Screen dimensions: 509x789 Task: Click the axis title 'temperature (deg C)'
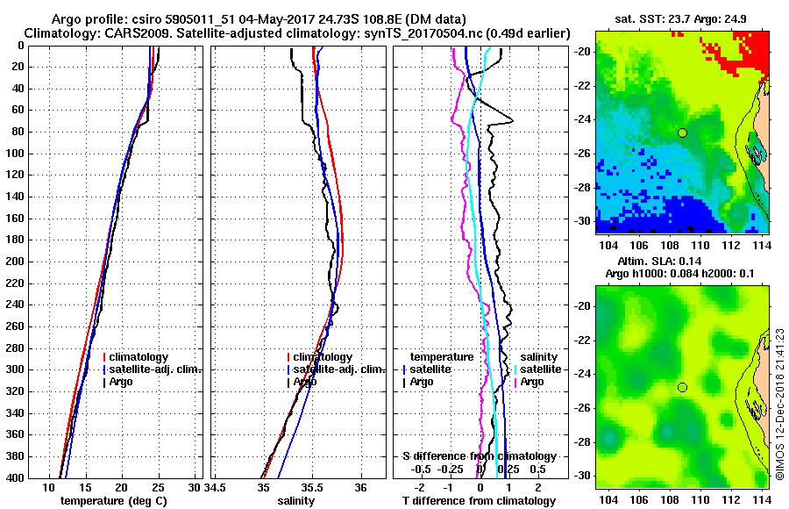tap(113, 501)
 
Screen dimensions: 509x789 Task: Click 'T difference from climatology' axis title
tap(480, 501)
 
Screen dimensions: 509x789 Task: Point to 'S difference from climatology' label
tap(480, 456)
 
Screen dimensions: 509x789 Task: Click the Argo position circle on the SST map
tap(682, 133)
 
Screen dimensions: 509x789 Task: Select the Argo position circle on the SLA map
tap(682, 387)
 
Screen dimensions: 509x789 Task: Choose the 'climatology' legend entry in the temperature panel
tap(141, 357)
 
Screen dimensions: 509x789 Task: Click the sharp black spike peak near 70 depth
tap(512, 120)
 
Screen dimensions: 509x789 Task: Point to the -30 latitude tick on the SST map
tap(582, 220)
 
